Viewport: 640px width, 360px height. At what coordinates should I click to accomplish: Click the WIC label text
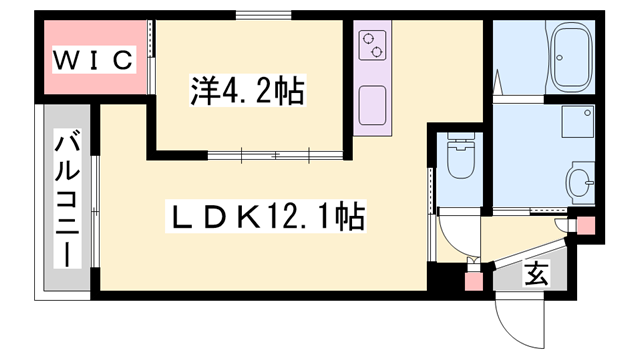(x=93, y=60)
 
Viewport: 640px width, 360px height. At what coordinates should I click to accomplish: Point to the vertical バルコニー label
(x=67, y=200)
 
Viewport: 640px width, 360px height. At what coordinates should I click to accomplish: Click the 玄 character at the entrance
(x=537, y=271)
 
